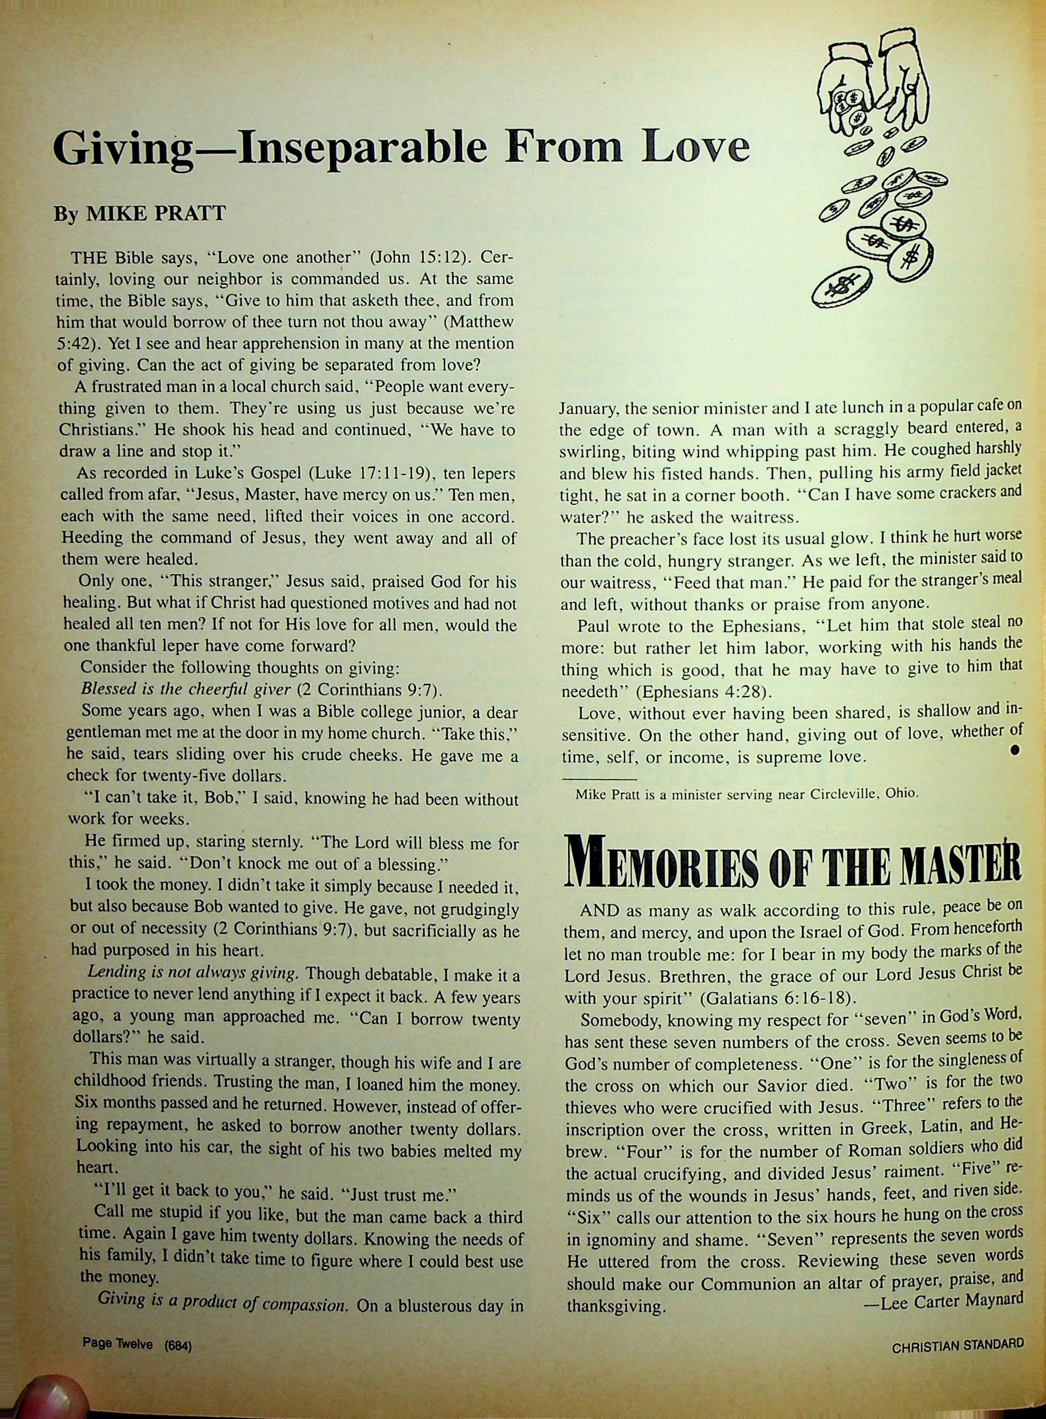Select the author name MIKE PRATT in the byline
155,213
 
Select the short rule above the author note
598,779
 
